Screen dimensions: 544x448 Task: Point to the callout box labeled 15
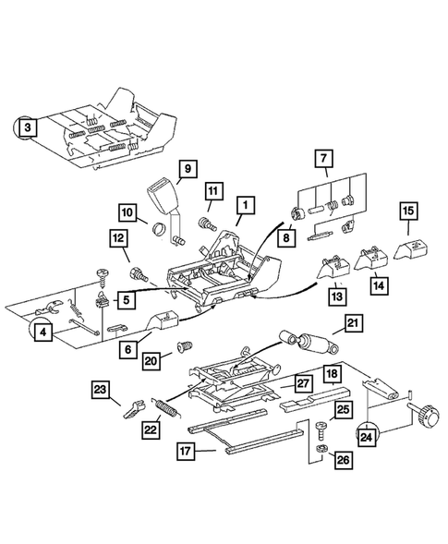[407, 212]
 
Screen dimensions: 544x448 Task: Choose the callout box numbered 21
[352, 322]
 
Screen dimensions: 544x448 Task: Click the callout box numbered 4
[43, 334]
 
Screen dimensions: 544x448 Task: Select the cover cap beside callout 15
[407, 247]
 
